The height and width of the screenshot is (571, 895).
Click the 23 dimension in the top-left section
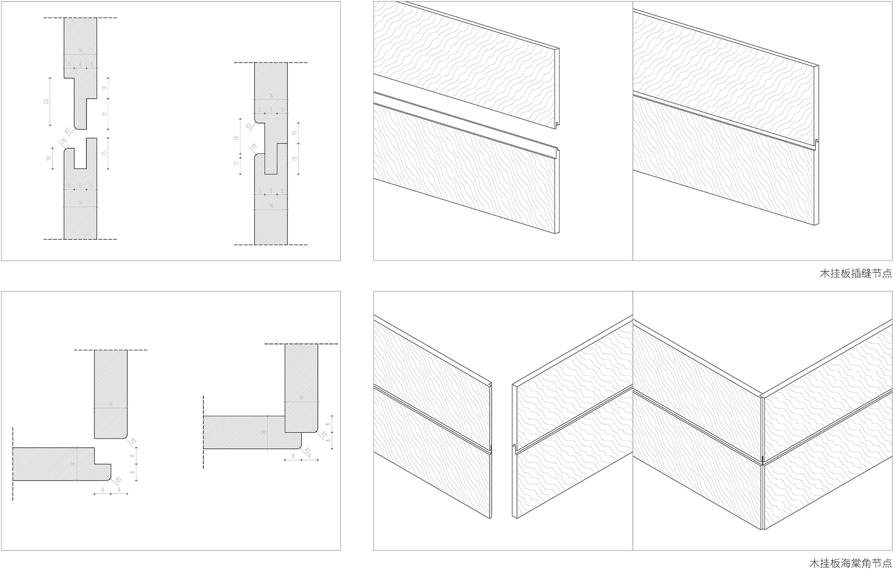click(46, 102)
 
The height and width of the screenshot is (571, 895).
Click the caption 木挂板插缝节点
click(856, 274)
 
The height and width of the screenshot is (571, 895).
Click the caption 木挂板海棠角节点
click(851, 564)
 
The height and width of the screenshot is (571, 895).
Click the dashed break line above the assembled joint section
click(271, 63)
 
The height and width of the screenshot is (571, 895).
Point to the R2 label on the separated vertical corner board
click(133, 441)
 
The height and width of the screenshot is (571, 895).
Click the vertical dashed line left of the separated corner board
click(13, 463)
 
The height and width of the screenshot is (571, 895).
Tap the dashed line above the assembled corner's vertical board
click(301, 344)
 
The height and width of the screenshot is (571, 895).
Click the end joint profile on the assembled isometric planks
click(817, 142)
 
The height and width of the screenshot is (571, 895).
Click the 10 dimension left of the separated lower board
click(48, 159)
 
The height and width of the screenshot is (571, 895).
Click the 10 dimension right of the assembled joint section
click(295, 134)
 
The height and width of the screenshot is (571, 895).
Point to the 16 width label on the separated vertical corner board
click(111, 404)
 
